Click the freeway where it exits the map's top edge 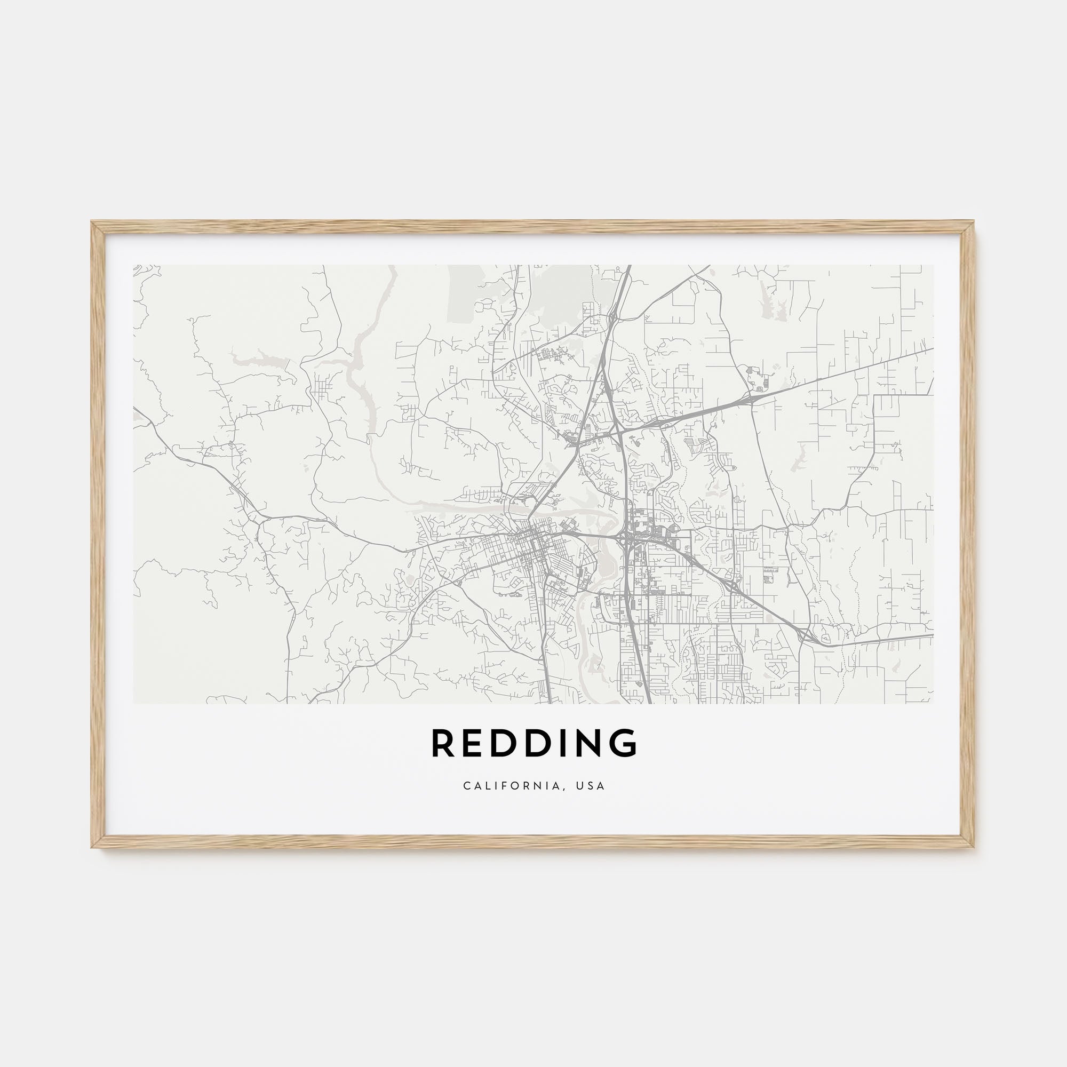pos(629,268)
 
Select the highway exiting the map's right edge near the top pos(930,349)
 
